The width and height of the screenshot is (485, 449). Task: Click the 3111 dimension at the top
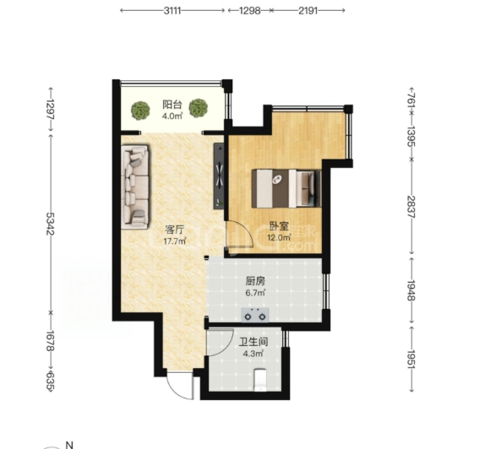point(172,11)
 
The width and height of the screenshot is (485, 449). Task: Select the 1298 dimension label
point(249,11)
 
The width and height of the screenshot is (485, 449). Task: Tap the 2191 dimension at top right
point(308,11)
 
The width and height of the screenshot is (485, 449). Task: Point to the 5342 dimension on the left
point(50,224)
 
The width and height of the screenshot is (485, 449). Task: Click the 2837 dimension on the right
point(411,207)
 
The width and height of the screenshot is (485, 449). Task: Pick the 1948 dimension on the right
point(411,290)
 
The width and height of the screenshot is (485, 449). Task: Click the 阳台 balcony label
point(172,105)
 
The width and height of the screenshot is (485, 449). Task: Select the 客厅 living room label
point(175,230)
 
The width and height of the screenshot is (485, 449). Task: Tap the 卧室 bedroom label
point(280,226)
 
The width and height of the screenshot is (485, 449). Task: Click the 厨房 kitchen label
point(255,282)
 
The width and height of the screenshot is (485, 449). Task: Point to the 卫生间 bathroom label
point(253,342)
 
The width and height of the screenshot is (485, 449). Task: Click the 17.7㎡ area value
point(175,241)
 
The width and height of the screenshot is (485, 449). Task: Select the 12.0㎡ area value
point(280,237)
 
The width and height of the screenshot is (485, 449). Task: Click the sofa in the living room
point(135,187)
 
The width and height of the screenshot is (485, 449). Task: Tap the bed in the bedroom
point(286,188)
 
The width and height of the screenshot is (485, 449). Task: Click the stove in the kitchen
point(255,315)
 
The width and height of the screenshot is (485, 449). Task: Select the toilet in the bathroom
point(260,380)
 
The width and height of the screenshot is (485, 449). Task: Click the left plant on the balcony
point(140,111)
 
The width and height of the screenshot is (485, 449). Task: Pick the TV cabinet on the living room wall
point(219,176)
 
